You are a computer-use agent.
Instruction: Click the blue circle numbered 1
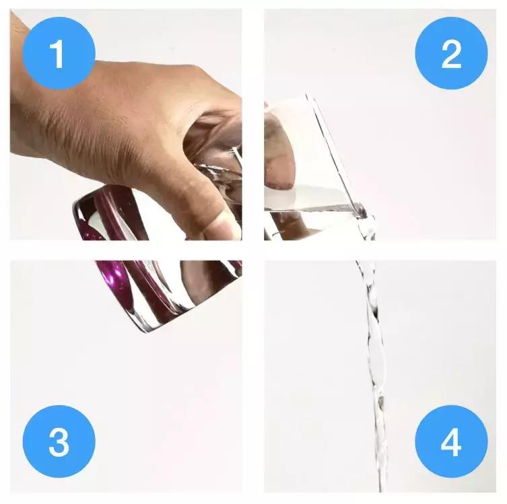[59, 53]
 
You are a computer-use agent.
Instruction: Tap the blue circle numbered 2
[451, 53]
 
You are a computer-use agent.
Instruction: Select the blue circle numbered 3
[59, 441]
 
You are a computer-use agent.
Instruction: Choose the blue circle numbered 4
[451, 441]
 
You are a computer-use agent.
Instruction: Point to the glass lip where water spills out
[360, 210]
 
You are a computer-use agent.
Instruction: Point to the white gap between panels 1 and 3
[126, 250]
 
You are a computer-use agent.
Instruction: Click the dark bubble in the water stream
[381, 400]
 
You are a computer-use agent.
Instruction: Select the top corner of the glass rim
[306, 94]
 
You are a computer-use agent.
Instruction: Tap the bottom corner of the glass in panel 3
[145, 332]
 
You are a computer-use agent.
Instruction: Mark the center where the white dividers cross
[253, 250]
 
